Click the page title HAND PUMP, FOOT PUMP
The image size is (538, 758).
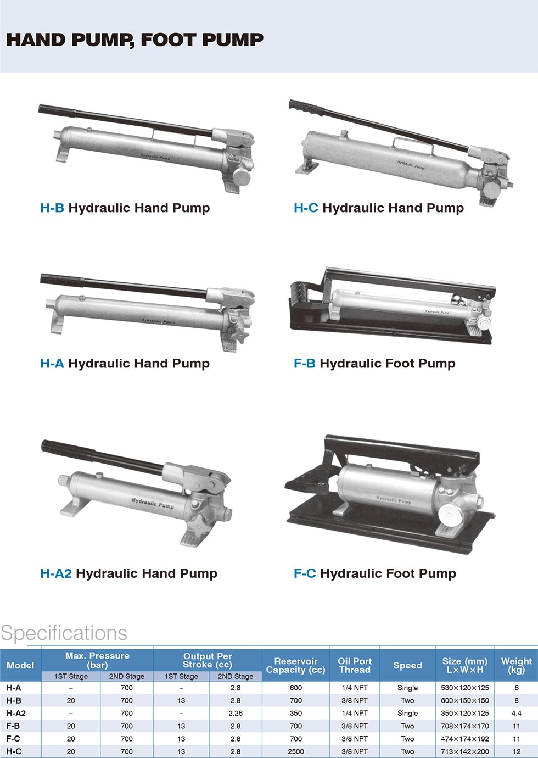click(134, 40)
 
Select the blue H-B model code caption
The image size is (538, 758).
click(52, 208)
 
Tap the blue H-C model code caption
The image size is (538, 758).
click(306, 208)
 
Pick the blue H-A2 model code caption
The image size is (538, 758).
click(56, 573)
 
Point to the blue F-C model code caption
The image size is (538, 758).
click(305, 573)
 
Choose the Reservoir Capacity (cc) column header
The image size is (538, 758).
click(295, 665)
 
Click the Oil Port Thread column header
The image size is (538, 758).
click(355, 665)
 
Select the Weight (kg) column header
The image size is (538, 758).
click(517, 665)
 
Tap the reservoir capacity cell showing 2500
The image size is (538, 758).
click(295, 751)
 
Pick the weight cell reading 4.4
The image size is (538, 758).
click(517, 713)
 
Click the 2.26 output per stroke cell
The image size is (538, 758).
click(236, 713)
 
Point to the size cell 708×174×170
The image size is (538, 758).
click(464, 726)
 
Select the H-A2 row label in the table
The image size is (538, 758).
click(16, 713)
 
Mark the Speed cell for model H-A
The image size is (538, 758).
click(407, 688)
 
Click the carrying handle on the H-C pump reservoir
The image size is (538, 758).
click(412, 144)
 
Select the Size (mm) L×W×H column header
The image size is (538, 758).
click(464, 665)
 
